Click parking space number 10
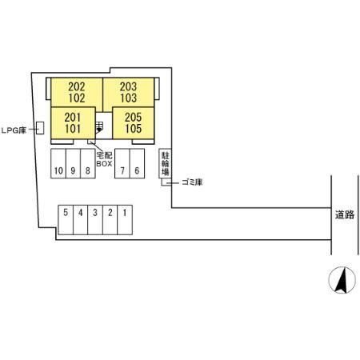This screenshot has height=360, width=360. pos(58,163)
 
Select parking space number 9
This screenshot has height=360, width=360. pos(73,163)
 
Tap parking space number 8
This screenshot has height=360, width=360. pos(88,163)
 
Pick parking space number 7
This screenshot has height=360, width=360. pos(122,163)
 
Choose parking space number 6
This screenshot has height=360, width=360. pos(137,163)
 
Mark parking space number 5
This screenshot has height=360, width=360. pos(66,220)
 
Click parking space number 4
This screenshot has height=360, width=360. pos(81,220)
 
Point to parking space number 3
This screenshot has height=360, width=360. pos(95,220)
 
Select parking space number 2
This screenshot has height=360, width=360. pos(110,220)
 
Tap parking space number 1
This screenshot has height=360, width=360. pos(125,220)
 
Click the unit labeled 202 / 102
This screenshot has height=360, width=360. pos(77,93)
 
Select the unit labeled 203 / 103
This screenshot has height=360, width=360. pos(128,93)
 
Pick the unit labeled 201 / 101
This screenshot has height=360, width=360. pos(73,123)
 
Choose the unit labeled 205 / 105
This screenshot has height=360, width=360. pos(134,123)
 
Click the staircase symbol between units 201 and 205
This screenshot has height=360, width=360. pos(99,127)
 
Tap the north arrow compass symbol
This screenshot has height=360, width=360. pos(342,280)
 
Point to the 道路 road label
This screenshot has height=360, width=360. pos(345,214)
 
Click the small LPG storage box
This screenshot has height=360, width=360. pos(40,128)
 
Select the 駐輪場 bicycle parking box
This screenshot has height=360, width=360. pos(165,163)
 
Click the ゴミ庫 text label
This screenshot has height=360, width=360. pos(192,182)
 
